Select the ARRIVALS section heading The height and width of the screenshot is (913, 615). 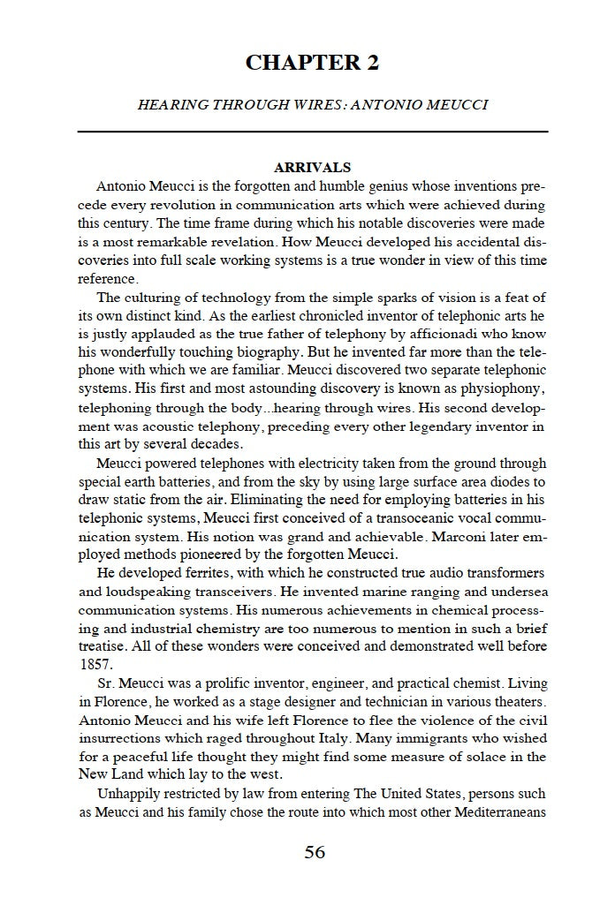pos(313,167)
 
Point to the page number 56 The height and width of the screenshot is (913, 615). pos(315,852)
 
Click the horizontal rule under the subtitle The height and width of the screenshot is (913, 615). pos(313,132)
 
